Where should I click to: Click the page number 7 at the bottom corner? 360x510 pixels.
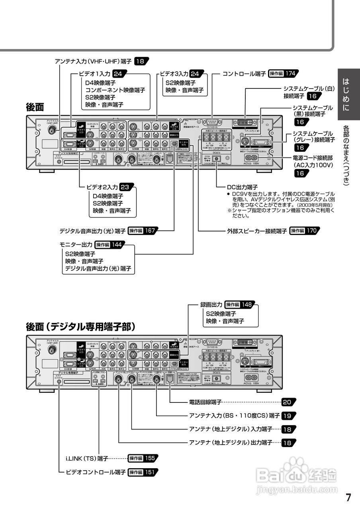(x=348, y=497)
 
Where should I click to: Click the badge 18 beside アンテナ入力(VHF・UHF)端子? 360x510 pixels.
(x=141, y=61)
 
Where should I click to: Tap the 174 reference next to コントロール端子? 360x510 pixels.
(x=290, y=74)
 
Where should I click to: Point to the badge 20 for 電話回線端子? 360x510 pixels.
(x=288, y=402)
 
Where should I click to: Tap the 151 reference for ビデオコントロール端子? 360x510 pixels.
(x=150, y=472)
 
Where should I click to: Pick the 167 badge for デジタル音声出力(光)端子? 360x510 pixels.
(x=150, y=230)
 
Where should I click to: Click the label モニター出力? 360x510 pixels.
(x=76, y=244)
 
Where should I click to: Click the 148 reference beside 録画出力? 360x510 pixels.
(x=247, y=304)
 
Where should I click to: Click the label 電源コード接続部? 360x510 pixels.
(x=313, y=157)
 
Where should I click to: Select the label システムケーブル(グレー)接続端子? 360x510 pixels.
(x=314, y=136)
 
